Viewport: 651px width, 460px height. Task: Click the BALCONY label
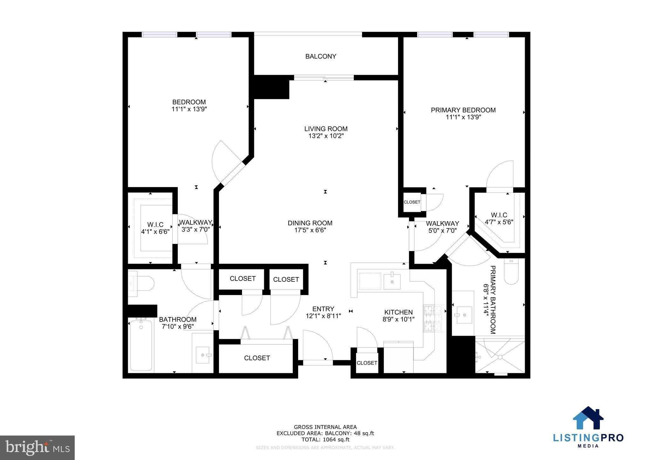[x=320, y=56]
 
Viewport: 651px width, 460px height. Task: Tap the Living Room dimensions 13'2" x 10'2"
[x=326, y=136]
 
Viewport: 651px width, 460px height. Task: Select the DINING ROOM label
[x=310, y=223]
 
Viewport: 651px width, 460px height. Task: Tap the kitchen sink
[x=392, y=281]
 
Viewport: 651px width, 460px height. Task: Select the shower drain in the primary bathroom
[x=500, y=357]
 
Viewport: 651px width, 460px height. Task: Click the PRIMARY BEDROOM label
[x=463, y=110]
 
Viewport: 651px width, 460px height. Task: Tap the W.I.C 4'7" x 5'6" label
[x=499, y=219]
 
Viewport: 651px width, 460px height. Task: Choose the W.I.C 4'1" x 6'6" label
[x=155, y=228]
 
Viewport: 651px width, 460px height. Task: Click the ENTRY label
[x=323, y=309]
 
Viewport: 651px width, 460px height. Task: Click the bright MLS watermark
[x=38, y=448]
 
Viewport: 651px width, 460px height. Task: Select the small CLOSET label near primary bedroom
[x=412, y=202]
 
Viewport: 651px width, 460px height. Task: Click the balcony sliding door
[x=324, y=78]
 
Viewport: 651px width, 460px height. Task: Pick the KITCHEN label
[x=398, y=312]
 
